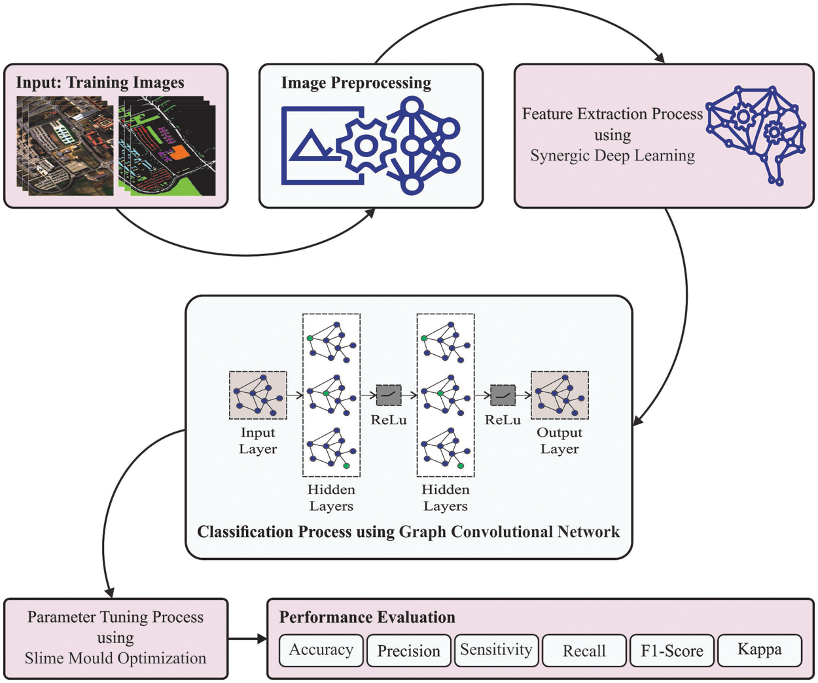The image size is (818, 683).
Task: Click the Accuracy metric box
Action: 321,650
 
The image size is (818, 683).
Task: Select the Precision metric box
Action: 408,651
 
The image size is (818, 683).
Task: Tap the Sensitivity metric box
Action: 496,650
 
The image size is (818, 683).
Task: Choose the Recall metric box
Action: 584,651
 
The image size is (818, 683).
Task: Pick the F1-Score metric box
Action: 671,651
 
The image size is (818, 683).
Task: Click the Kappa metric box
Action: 759,650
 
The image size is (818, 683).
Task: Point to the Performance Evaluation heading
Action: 367,618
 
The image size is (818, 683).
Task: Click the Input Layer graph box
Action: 258,395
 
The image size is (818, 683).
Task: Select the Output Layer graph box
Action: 560,395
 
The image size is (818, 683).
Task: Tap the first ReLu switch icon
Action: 389,395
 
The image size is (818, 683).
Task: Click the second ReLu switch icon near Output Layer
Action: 503,395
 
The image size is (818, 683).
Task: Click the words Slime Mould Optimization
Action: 115,659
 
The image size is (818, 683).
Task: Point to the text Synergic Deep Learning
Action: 612,156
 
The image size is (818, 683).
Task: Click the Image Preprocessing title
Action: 356,83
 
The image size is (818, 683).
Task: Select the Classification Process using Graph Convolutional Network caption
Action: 408,532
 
